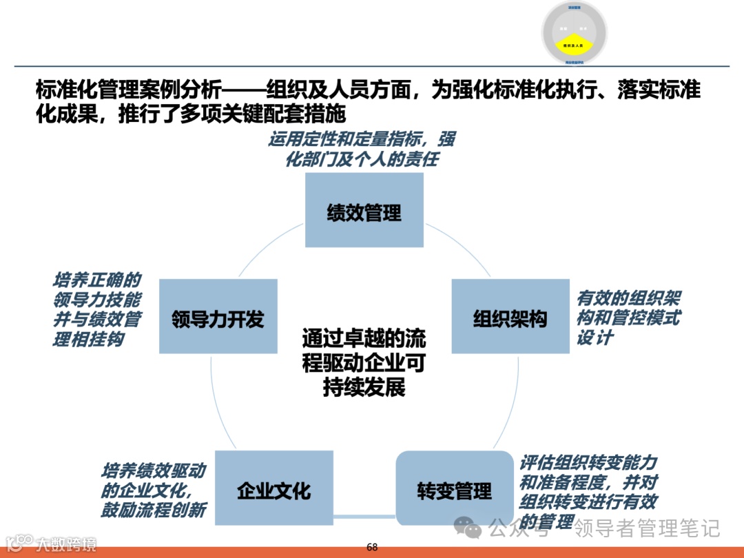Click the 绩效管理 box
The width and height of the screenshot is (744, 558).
pyautogui.click(x=364, y=210)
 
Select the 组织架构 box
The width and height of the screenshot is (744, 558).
pyautogui.click(x=510, y=317)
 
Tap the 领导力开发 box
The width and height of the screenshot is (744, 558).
pyautogui.click(x=218, y=317)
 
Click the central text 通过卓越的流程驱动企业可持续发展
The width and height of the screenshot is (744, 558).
pyautogui.click(x=364, y=362)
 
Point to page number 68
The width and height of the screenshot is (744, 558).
pyautogui.click(x=372, y=547)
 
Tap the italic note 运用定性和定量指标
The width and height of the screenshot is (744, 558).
pyautogui.click(x=362, y=149)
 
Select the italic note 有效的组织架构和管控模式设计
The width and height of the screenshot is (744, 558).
pyautogui.click(x=628, y=318)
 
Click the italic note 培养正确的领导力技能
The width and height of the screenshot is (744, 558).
pyautogui.click(x=97, y=309)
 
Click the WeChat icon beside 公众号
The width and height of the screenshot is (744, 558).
pyautogui.click(x=473, y=529)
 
